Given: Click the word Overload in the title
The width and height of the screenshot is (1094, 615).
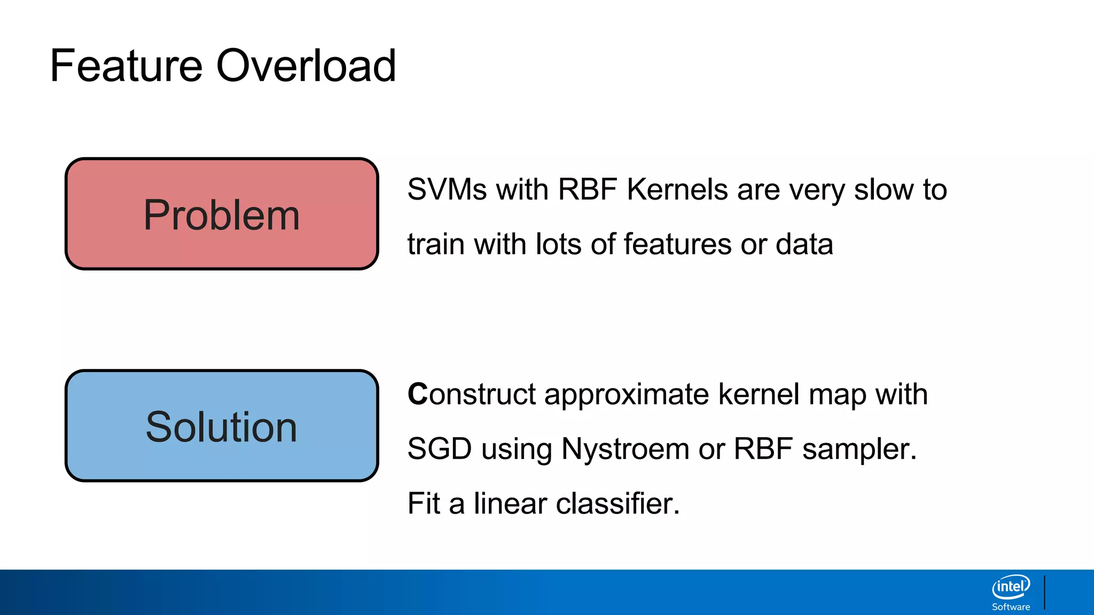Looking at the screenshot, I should (x=306, y=66).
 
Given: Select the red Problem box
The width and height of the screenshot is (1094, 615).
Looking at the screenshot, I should (x=222, y=214).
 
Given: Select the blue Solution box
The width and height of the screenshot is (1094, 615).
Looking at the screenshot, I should (x=222, y=426).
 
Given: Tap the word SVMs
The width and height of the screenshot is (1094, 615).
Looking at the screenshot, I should (x=447, y=190).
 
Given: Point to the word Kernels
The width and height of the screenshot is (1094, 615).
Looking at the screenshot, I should (x=677, y=190).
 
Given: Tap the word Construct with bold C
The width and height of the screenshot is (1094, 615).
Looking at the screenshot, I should (x=471, y=395).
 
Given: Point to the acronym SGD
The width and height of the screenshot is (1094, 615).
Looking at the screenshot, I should (x=439, y=449).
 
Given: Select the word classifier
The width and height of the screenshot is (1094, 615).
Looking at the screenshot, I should (x=618, y=503).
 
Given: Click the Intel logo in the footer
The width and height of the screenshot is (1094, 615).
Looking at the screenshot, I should (x=1011, y=587).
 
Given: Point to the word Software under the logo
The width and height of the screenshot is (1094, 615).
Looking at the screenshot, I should (x=1011, y=607).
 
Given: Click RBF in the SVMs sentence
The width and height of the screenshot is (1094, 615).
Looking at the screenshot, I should (x=587, y=190).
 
